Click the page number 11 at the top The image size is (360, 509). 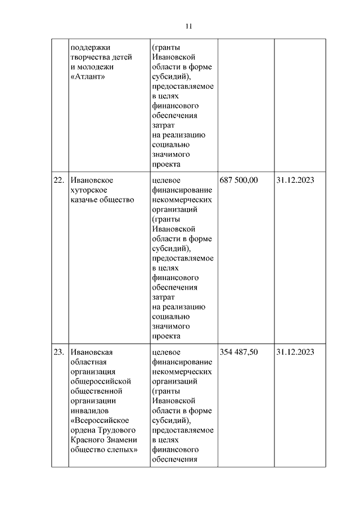click(x=189, y=26)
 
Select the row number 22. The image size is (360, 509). click(x=58, y=180)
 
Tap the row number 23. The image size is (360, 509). click(x=58, y=352)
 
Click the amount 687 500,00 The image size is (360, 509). click(x=238, y=180)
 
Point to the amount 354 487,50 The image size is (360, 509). click(x=238, y=352)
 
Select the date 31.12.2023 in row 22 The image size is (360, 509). click(x=295, y=180)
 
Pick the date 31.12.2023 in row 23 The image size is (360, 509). click(x=295, y=352)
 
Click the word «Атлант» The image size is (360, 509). click(x=89, y=77)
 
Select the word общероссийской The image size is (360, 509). click(x=101, y=381)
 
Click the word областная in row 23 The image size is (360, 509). click(x=89, y=362)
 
